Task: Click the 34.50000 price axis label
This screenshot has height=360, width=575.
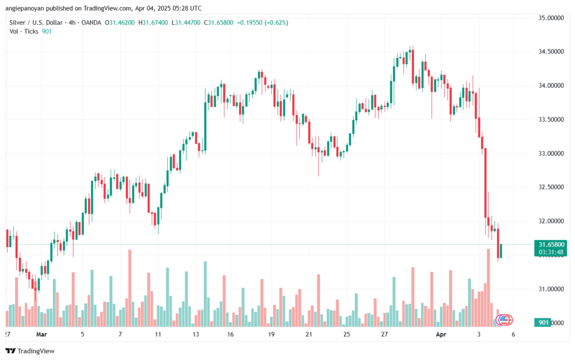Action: [551, 52]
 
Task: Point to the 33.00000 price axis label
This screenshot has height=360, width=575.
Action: [551, 153]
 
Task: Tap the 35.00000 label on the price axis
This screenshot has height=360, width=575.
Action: [551, 18]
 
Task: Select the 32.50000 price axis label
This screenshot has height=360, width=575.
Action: [551, 187]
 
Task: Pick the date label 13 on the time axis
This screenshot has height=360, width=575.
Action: [196, 334]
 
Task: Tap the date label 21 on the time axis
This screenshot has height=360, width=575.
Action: [309, 334]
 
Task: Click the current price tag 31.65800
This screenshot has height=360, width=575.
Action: [551, 244]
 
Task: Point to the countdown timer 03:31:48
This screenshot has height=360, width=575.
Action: [551, 252]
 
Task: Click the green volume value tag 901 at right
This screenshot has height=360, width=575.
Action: [544, 322]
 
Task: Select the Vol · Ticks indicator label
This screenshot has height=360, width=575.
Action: [24, 31]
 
